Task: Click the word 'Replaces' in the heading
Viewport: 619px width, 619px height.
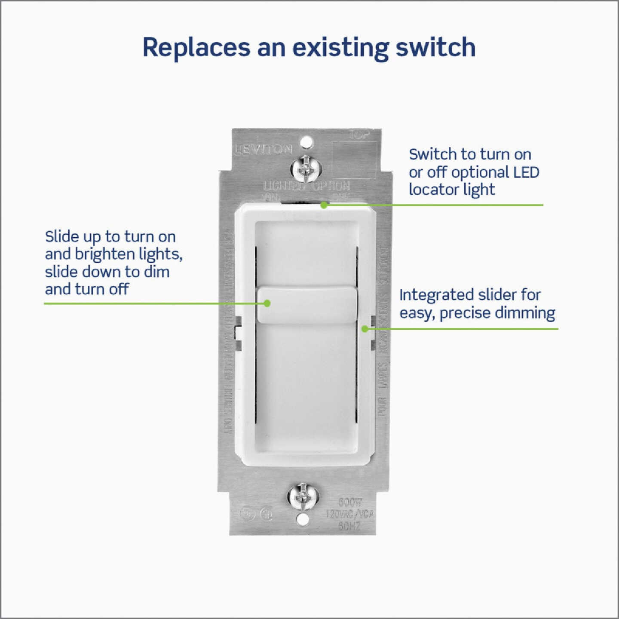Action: pyautogui.click(x=196, y=48)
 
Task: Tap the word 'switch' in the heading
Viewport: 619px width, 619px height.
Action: pyautogui.click(x=435, y=48)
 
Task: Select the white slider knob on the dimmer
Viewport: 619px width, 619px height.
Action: pyautogui.click(x=306, y=305)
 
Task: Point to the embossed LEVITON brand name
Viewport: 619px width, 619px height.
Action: pyautogui.click(x=263, y=150)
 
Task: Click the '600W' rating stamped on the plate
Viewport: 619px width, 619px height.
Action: pyautogui.click(x=350, y=502)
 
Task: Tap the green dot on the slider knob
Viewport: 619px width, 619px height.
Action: pyautogui.click(x=267, y=303)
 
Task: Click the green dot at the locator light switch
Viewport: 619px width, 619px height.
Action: pyautogui.click(x=324, y=205)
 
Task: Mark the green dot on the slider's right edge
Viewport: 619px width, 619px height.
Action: pyautogui.click(x=365, y=329)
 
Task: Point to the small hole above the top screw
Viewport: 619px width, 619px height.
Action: pyautogui.click(x=306, y=141)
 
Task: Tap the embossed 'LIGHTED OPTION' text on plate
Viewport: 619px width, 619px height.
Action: pyautogui.click(x=306, y=186)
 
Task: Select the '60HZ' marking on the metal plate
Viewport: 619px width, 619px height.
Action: pyautogui.click(x=349, y=526)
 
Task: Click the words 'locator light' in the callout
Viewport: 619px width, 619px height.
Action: pyautogui.click(x=452, y=190)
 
